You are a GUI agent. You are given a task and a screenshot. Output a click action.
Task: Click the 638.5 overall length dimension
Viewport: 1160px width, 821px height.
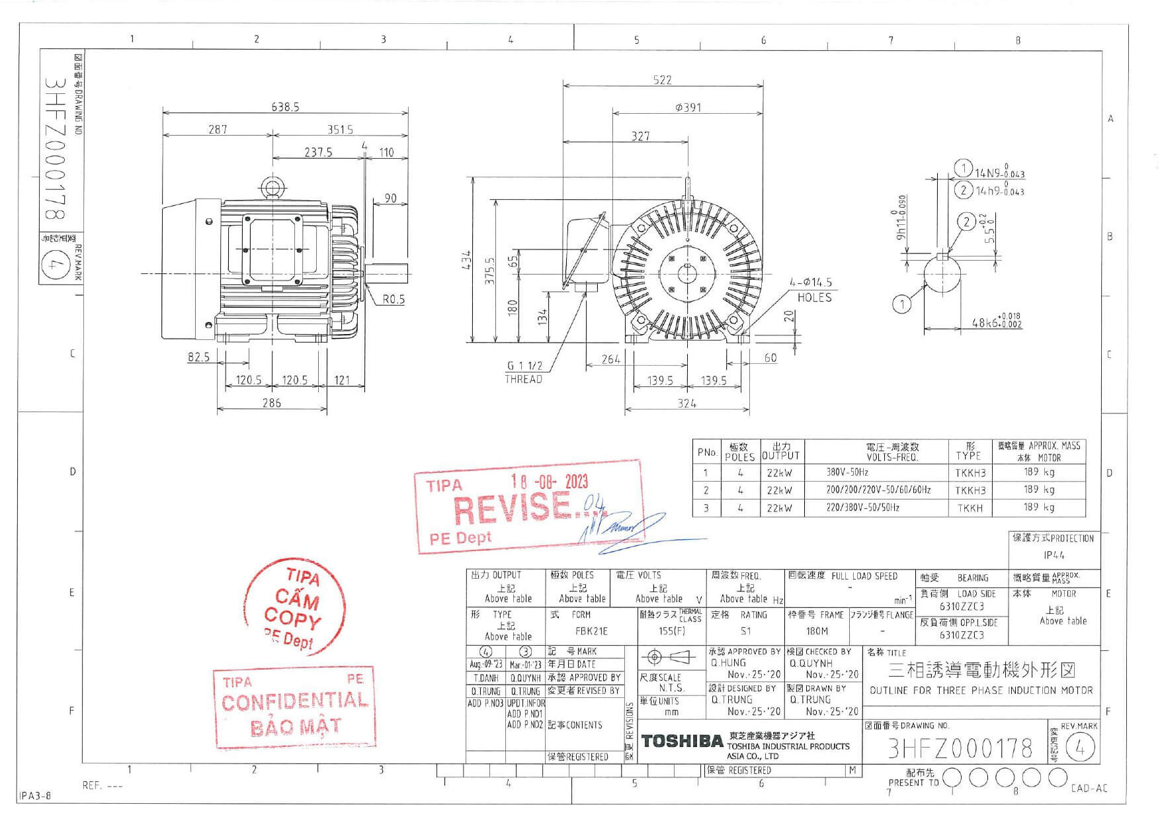285,107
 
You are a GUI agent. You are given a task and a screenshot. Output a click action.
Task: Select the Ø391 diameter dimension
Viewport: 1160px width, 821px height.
688,107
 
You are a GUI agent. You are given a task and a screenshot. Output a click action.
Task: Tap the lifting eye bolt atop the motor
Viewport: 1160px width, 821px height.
271,187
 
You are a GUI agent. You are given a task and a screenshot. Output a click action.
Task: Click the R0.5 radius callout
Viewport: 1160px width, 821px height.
394,300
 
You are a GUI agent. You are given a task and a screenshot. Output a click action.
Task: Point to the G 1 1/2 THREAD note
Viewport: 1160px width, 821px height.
524,372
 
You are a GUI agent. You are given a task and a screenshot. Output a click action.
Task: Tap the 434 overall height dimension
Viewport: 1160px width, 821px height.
466,259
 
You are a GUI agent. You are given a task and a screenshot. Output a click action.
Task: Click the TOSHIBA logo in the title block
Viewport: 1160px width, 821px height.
682,741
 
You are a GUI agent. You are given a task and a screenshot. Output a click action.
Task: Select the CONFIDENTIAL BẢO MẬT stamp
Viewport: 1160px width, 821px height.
294,710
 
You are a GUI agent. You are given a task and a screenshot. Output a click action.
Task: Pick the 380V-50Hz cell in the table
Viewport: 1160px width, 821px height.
847,472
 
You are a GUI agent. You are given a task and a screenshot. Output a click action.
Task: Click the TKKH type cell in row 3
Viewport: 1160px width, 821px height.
970,508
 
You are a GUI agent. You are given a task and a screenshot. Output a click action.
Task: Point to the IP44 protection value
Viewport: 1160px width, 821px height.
1054,555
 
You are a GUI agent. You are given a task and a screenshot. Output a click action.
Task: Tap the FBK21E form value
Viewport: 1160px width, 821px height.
591,631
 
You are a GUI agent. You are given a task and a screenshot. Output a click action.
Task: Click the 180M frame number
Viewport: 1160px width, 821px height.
816,631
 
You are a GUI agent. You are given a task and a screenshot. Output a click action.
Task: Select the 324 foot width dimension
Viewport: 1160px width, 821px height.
686,403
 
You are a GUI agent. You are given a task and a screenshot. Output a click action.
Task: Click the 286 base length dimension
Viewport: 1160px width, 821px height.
271,402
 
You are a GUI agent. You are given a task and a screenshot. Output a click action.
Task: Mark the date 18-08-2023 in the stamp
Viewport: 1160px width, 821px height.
549,482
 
